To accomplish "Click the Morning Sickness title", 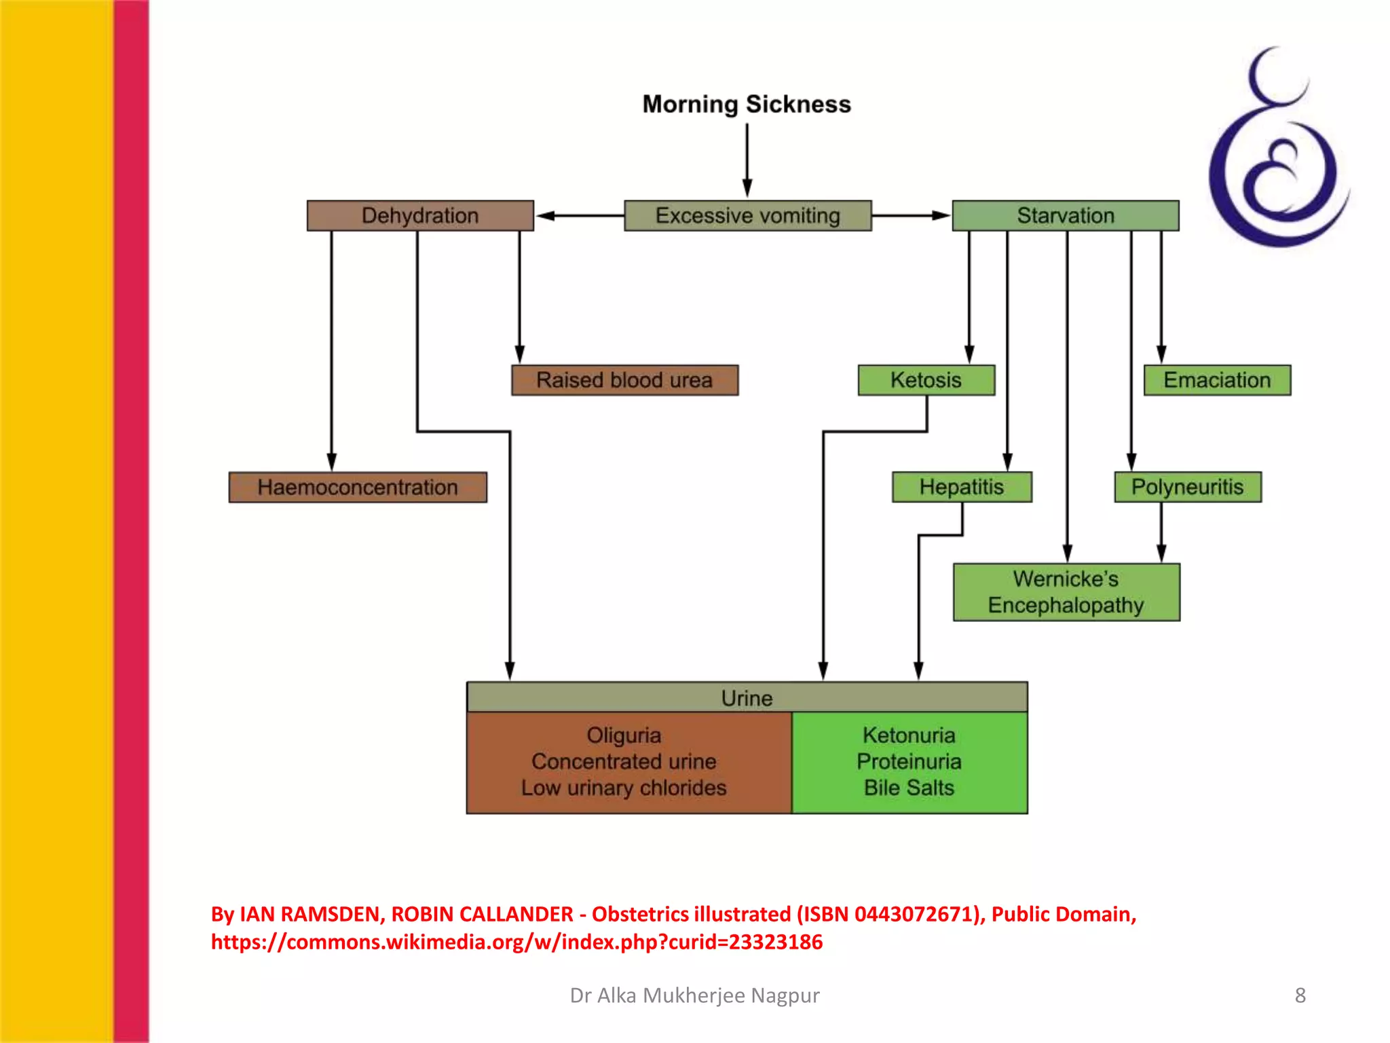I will tap(747, 104).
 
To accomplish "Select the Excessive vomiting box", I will tap(747, 215).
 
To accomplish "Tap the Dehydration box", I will tap(420, 215).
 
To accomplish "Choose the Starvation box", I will tap(1065, 215).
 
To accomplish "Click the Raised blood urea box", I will tap(624, 380).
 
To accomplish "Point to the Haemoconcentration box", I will tap(358, 487).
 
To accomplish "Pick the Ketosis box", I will tap(926, 380).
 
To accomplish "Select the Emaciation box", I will tap(1217, 380).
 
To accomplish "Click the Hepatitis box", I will tap(962, 487).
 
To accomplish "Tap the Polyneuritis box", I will tap(1187, 487).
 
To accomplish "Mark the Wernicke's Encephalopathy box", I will tap(1066, 591).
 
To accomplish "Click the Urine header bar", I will tap(747, 697).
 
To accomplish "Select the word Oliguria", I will tap(624, 735).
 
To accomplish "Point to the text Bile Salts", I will tap(909, 788).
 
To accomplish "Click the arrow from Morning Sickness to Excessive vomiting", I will tap(747, 160).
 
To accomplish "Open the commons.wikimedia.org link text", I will tap(516, 942).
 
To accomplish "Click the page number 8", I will tap(1300, 995).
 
